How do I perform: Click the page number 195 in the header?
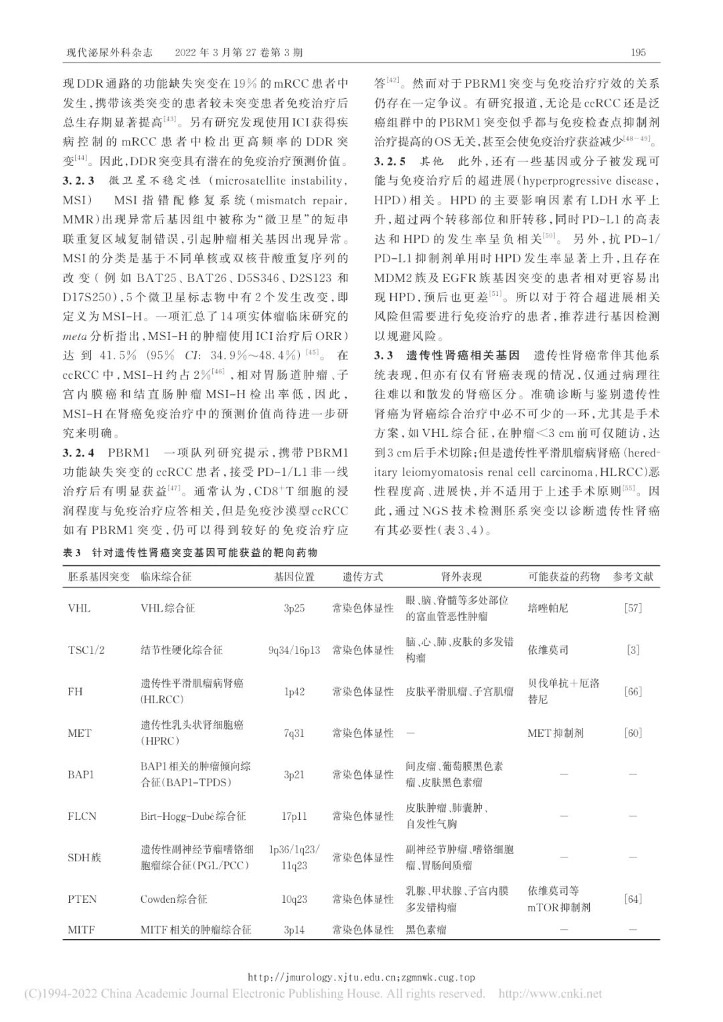coord(638,53)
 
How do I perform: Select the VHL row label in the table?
coord(79,608)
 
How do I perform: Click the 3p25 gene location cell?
coord(294,608)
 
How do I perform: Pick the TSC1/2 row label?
coord(86,650)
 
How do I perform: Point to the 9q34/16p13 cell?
coord(294,650)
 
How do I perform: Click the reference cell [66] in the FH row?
coord(633,691)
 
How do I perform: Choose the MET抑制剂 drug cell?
coord(555,733)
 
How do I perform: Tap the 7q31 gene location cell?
coord(294,733)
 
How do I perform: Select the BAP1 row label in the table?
coord(81,774)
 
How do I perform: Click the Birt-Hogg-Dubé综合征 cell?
coord(193,816)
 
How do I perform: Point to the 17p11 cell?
coord(294,816)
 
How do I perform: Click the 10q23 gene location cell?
coord(294,899)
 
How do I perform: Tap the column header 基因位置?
coord(294,576)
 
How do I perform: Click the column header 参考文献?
coord(633,576)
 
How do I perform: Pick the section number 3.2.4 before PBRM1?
coord(80,453)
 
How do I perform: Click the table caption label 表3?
coord(71,552)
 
